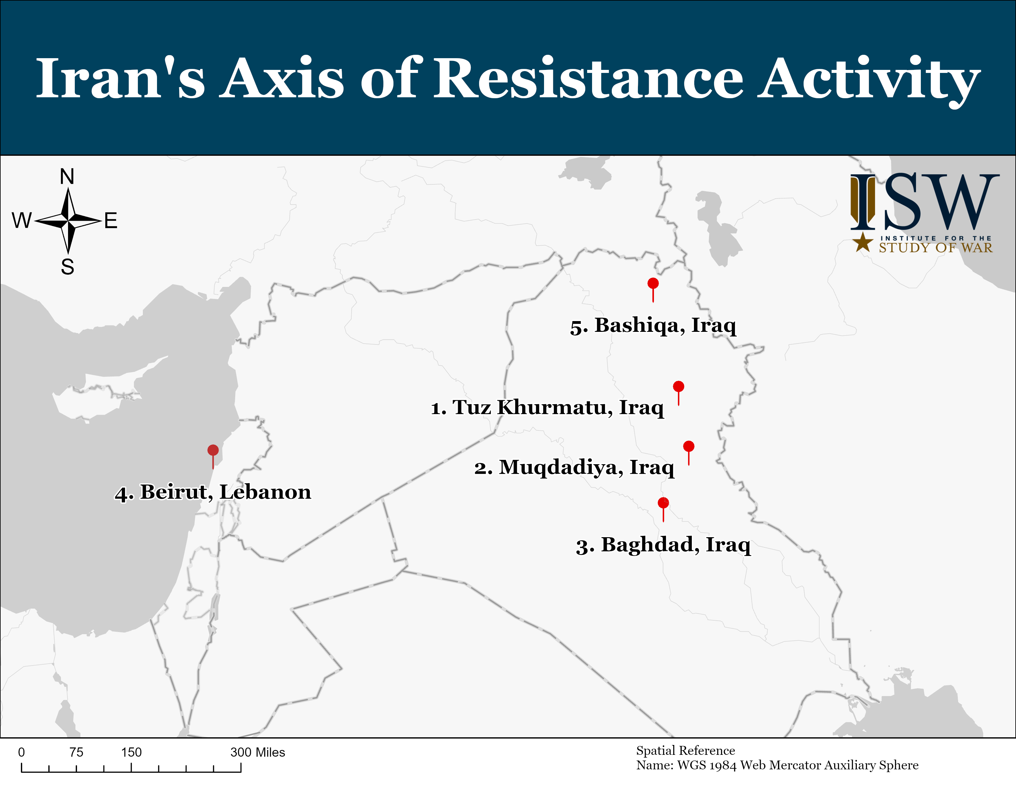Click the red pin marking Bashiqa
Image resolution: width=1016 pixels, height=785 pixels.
653,290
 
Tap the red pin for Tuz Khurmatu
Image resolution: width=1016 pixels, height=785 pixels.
679,393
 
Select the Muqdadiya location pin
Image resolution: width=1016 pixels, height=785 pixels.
689,453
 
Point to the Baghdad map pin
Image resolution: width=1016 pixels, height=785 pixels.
663,509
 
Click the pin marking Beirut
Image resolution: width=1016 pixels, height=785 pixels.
213,457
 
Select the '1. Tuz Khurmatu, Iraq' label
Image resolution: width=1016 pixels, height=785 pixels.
547,408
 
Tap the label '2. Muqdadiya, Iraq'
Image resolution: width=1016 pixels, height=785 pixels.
575,468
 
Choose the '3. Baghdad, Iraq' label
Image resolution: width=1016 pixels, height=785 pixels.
663,545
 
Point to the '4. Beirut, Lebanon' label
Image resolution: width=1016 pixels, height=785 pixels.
213,493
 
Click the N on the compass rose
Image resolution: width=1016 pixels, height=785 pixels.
67,177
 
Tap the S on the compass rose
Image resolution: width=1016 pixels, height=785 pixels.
67,267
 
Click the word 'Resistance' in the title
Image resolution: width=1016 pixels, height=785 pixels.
588,78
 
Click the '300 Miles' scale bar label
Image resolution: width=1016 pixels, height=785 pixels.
258,752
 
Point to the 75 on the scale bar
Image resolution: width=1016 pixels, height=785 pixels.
76,752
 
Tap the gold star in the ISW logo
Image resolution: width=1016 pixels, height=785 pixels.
863,242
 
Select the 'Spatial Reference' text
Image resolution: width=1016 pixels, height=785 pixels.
686,751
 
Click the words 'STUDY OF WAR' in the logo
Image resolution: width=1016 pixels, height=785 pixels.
936,248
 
